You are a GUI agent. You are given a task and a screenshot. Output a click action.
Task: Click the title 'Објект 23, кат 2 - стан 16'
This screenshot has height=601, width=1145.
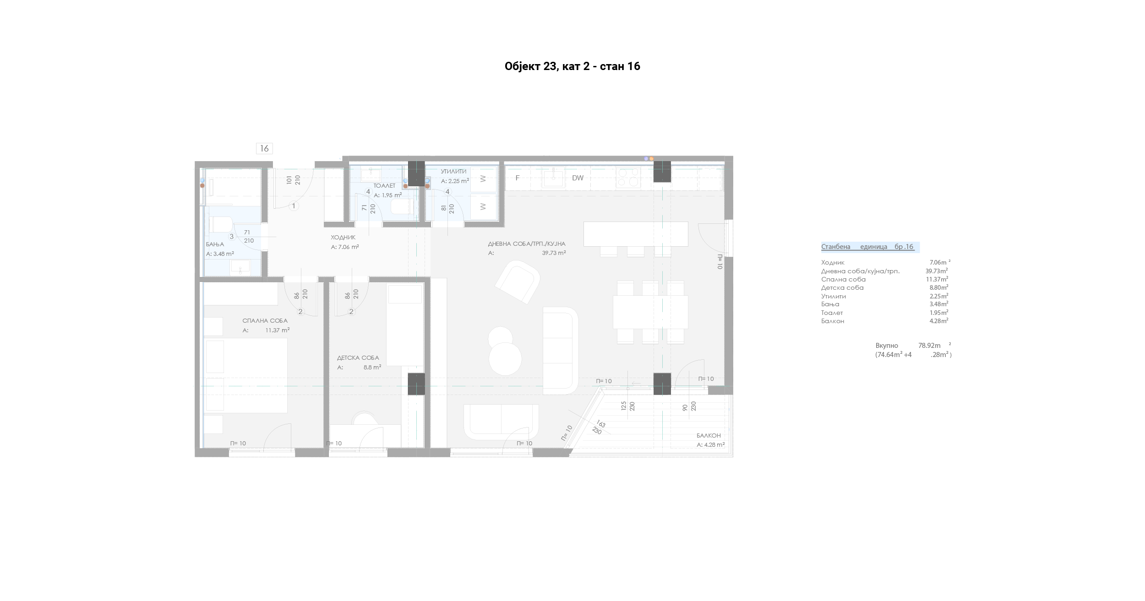click(x=572, y=66)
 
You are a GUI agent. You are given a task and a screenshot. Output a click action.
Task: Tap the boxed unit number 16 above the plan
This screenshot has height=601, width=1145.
click(x=264, y=148)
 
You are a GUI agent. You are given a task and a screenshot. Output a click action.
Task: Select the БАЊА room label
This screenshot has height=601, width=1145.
click(x=215, y=244)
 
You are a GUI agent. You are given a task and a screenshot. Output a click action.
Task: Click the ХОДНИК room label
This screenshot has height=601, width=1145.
click(x=343, y=238)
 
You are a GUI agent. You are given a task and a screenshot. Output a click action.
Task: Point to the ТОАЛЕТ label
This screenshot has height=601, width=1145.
click(x=384, y=186)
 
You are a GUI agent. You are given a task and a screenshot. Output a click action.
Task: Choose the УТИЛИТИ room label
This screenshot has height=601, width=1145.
click(x=453, y=172)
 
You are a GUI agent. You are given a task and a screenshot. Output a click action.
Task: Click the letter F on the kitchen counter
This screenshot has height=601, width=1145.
click(x=518, y=178)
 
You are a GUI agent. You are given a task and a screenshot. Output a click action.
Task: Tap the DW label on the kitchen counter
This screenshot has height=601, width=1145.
click(x=578, y=178)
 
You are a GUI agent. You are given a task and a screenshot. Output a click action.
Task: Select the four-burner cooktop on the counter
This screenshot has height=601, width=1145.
click(x=628, y=178)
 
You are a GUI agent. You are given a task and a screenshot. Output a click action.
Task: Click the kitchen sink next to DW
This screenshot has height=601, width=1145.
click(x=554, y=178)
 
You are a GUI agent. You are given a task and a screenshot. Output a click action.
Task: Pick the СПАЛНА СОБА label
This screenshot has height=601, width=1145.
click(x=265, y=321)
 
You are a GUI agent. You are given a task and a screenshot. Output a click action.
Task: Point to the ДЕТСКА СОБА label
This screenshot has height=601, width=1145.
click(x=358, y=358)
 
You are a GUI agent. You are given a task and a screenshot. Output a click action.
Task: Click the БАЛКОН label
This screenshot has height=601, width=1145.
click(x=709, y=436)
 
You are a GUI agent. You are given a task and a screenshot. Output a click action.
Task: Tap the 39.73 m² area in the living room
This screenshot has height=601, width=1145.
click(x=554, y=253)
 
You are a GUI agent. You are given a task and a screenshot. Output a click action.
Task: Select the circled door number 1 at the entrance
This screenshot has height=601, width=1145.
click(x=294, y=206)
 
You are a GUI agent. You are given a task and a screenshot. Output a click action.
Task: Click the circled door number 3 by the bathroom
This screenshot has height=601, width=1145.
click(x=232, y=237)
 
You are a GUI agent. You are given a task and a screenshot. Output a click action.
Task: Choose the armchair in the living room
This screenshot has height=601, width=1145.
click(x=518, y=282)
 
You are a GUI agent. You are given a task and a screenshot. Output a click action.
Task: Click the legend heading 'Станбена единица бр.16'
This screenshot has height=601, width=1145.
click(x=867, y=247)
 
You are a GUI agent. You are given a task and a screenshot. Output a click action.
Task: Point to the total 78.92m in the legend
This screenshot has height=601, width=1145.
click(x=929, y=346)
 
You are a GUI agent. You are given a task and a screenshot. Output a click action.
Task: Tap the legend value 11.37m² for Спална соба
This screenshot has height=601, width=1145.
click(x=937, y=279)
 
